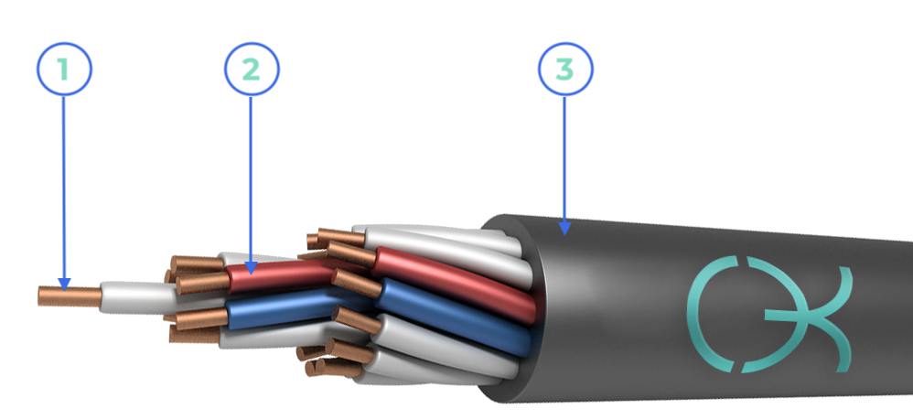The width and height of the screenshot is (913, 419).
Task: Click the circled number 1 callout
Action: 64,69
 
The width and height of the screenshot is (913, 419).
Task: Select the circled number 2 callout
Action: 252,69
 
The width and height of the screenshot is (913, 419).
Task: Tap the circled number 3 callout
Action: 565,69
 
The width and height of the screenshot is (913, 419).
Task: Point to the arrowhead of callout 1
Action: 64,285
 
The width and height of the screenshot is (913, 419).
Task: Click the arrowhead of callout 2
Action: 251,268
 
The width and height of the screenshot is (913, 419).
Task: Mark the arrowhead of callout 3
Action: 564,229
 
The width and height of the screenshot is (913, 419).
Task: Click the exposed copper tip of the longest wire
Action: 70,296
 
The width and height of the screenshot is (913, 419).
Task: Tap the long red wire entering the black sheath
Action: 454,284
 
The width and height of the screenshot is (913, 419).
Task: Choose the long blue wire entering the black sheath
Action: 454,317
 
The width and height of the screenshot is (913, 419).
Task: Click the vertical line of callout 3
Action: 564,159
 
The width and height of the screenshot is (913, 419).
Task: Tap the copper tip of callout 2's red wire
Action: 202,284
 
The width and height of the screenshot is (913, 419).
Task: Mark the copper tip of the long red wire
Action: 351,254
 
